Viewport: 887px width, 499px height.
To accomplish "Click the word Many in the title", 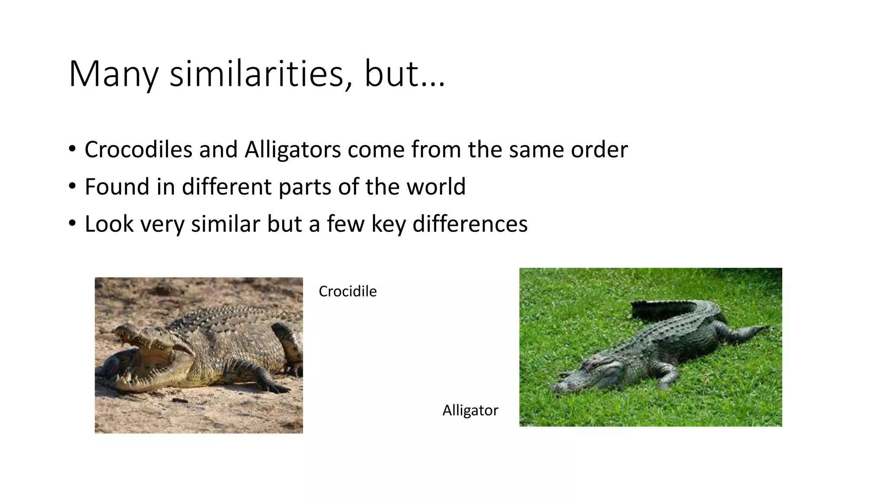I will (x=113, y=75).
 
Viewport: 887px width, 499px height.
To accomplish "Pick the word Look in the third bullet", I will (x=109, y=224).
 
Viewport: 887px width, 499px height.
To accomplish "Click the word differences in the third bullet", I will (x=470, y=224).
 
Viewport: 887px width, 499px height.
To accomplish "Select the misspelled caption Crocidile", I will (x=347, y=292).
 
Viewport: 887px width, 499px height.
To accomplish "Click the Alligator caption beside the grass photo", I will (x=470, y=410).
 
